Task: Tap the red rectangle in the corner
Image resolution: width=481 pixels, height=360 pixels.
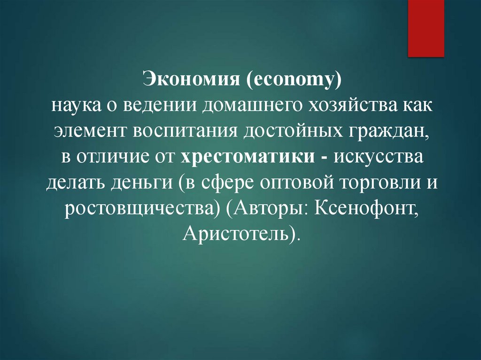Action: click(426, 28)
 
